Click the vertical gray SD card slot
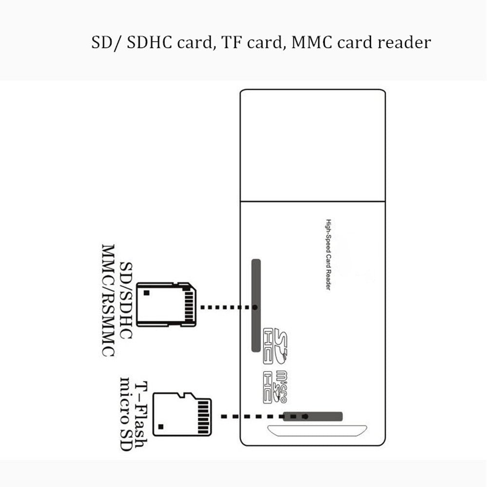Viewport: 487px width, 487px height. point(256,305)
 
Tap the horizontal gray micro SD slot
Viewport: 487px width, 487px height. point(313,416)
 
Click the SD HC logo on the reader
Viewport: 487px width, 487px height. point(275,346)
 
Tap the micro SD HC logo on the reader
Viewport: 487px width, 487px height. point(274,387)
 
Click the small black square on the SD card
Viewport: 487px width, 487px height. point(147,293)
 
